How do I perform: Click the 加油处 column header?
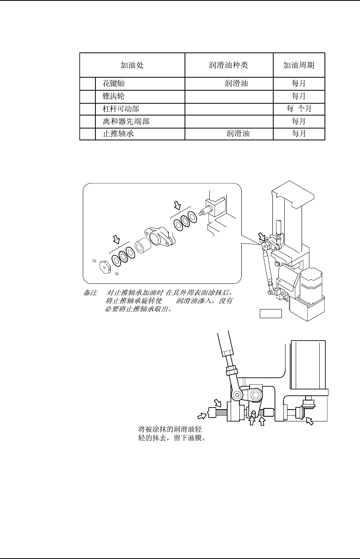click(132, 65)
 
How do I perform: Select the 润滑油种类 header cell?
click(229, 65)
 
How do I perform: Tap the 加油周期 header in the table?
click(299, 65)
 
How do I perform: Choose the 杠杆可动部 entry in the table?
click(120, 109)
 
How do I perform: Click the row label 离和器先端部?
click(126, 121)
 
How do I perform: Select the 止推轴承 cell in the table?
click(118, 134)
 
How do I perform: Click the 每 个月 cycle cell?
click(299, 109)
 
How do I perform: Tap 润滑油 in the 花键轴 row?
click(236, 84)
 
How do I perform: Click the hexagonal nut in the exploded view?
click(104, 267)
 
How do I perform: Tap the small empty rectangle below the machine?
click(271, 314)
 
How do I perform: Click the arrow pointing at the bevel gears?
click(311, 421)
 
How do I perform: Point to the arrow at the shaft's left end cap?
click(201, 415)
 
